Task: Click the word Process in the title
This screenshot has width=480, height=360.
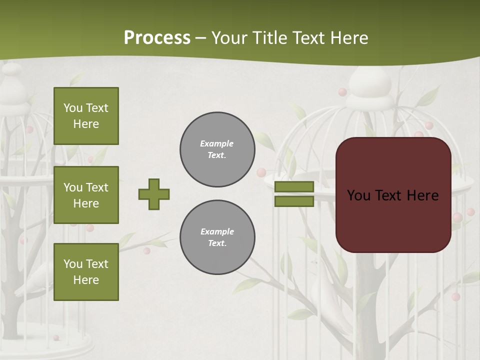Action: pyautogui.click(x=157, y=37)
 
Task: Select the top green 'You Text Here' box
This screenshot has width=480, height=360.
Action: pyautogui.click(x=86, y=116)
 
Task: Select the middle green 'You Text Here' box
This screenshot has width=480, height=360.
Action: pyautogui.click(x=86, y=195)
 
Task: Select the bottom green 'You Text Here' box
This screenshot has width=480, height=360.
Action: pyautogui.click(x=86, y=272)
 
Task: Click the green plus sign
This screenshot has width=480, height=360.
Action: pyautogui.click(x=154, y=194)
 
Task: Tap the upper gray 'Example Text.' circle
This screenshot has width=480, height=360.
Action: pyautogui.click(x=217, y=149)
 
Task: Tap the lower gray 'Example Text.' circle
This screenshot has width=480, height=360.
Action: pyautogui.click(x=217, y=237)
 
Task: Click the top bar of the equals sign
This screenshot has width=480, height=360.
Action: pyautogui.click(x=294, y=187)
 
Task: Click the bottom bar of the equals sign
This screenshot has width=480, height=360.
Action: pyautogui.click(x=294, y=201)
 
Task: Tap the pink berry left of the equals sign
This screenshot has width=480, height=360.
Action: pyautogui.click(x=261, y=173)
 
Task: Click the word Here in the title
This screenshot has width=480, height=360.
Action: pyautogui.click(x=348, y=38)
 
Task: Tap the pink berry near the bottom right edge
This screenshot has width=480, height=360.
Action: pyautogui.click(x=455, y=297)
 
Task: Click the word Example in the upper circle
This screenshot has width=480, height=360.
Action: pyautogui.click(x=216, y=143)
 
